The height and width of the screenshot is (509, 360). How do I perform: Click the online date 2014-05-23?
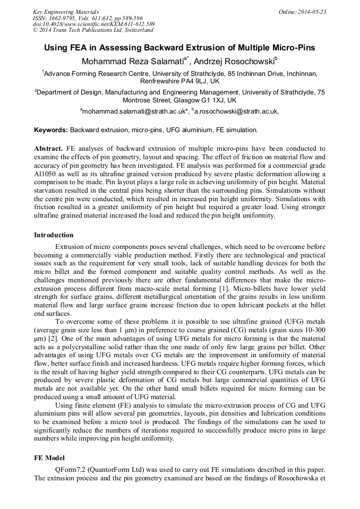click(311, 12)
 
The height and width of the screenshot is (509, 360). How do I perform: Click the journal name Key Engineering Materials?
click(66, 12)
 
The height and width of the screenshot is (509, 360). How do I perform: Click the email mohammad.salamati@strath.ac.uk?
click(134, 111)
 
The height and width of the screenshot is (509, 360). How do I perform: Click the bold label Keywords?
click(51, 130)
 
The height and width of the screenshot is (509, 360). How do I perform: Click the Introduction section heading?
click(54, 235)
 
